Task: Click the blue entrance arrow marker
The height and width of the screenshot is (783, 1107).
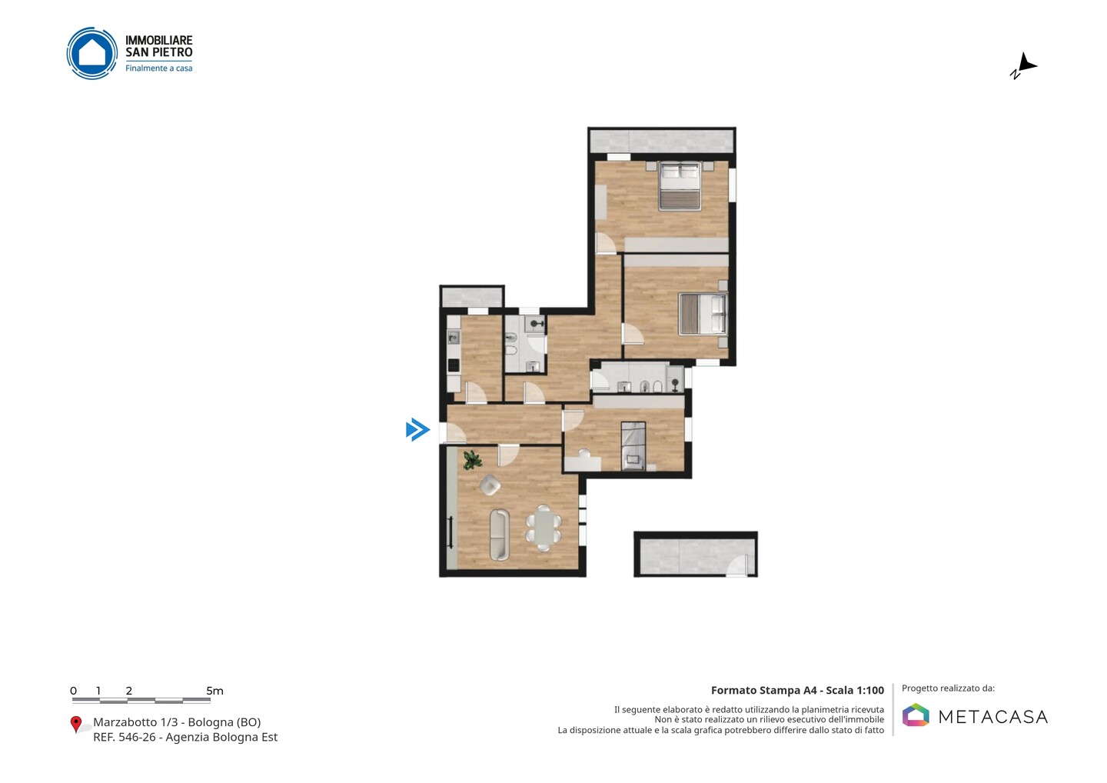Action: tap(417, 429)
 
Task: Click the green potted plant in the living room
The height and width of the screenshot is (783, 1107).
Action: tap(472, 460)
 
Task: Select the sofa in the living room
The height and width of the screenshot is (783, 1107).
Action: tap(499, 535)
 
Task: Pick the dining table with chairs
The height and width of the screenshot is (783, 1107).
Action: tap(544, 528)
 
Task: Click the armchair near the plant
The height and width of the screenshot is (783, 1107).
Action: tap(490, 485)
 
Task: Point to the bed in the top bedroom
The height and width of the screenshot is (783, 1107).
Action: tap(680, 186)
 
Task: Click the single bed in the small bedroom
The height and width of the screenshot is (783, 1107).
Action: tap(633, 446)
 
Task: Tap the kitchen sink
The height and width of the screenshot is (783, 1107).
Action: tap(454, 338)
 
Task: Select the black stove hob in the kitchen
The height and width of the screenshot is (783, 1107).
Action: tap(454, 365)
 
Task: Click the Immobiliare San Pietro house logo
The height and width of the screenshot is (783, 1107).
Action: tap(92, 53)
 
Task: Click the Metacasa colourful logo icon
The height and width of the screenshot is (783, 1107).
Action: tap(916, 715)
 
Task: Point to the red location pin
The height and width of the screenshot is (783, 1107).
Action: tap(75, 725)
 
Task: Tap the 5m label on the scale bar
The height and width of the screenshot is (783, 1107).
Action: tap(214, 691)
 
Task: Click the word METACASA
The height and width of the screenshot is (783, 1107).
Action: tap(993, 717)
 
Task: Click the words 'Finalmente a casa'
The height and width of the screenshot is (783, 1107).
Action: tap(158, 68)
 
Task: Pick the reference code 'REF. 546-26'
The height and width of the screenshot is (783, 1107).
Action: tap(124, 737)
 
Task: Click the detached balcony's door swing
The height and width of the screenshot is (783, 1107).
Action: tap(737, 566)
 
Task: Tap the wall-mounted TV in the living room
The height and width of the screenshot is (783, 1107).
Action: tap(450, 532)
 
